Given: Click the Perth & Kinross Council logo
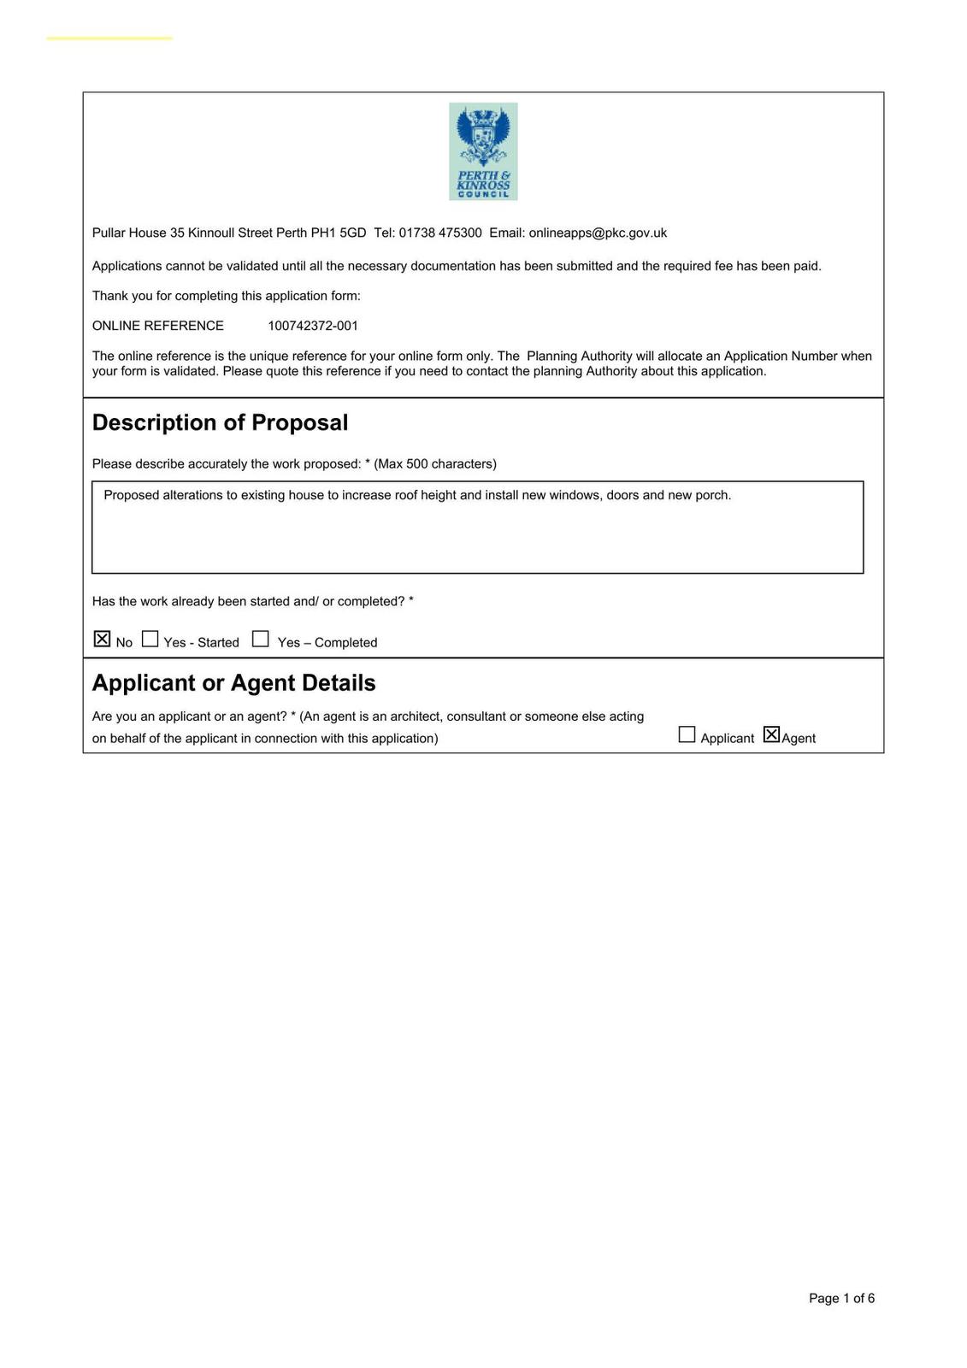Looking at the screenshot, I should [x=483, y=151].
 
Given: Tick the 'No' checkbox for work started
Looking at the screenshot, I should [x=102, y=639].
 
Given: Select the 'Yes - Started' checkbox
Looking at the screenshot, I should [x=150, y=639].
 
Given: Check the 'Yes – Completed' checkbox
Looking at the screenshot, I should [x=261, y=639].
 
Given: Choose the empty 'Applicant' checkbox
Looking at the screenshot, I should [x=687, y=734].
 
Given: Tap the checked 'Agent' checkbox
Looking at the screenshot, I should [x=771, y=734].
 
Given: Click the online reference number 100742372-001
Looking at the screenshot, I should [x=313, y=326].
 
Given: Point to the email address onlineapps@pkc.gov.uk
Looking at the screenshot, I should [x=598, y=233].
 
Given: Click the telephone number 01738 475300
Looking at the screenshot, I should [x=440, y=233].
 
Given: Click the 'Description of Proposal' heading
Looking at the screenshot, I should [x=220, y=422].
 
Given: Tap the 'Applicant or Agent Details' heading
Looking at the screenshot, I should [x=233, y=682].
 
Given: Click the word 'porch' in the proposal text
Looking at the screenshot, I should [x=711, y=495].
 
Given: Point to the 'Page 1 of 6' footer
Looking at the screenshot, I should [x=841, y=1298].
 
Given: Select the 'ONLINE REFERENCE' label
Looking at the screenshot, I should [x=158, y=326].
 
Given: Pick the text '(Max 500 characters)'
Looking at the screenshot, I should [x=435, y=463].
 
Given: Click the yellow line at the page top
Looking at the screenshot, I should [x=109, y=38].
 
